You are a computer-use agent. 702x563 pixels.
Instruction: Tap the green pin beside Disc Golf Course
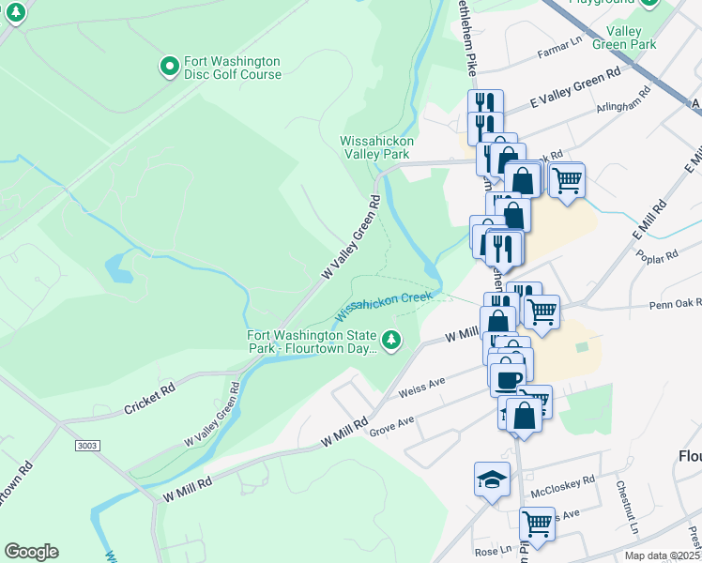point(169,66)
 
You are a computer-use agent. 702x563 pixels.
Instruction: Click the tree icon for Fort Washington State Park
point(391,338)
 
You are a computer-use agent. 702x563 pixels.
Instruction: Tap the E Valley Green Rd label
point(576,86)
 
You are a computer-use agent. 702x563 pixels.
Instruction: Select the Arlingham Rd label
point(624,101)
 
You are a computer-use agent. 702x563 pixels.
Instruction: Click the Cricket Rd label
point(149,400)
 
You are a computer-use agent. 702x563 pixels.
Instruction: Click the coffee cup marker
point(507,378)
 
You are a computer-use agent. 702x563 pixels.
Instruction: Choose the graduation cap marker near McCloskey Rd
point(492,479)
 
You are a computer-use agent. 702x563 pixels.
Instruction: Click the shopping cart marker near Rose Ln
point(537,523)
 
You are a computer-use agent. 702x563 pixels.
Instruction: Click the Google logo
point(31,551)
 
